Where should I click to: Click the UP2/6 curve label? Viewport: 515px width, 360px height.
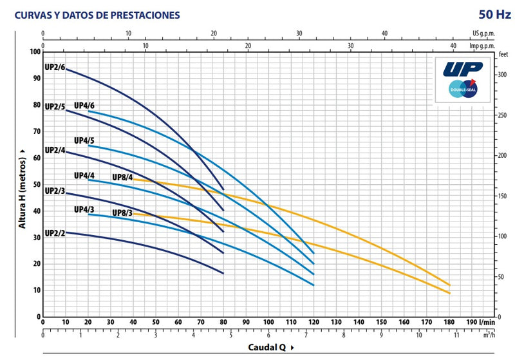(55, 68)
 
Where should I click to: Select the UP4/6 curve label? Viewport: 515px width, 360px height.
(84, 106)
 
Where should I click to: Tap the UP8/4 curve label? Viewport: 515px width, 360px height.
(122, 177)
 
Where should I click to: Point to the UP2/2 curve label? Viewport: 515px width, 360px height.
(55, 233)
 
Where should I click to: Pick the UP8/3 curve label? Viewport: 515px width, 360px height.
(122, 213)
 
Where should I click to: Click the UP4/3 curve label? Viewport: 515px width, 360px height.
(84, 209)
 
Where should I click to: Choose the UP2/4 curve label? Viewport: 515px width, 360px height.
(55, 150)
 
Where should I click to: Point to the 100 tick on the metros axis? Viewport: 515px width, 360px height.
(34, 52)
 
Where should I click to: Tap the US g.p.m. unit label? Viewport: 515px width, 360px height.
(483, 33)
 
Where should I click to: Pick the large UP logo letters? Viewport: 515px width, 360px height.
(462, 68)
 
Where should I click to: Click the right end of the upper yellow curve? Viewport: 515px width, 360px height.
(449, 285)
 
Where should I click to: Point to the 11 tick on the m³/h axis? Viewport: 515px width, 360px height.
(457, 335)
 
